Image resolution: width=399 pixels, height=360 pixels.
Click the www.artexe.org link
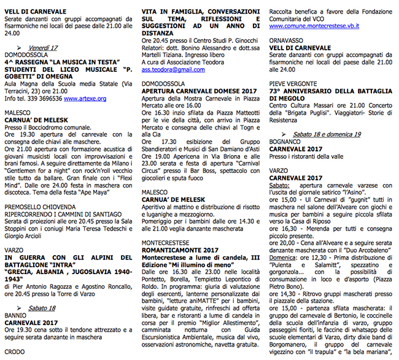[x=85, y=98]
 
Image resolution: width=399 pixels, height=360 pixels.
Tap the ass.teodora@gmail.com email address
[x=171, y=70]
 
